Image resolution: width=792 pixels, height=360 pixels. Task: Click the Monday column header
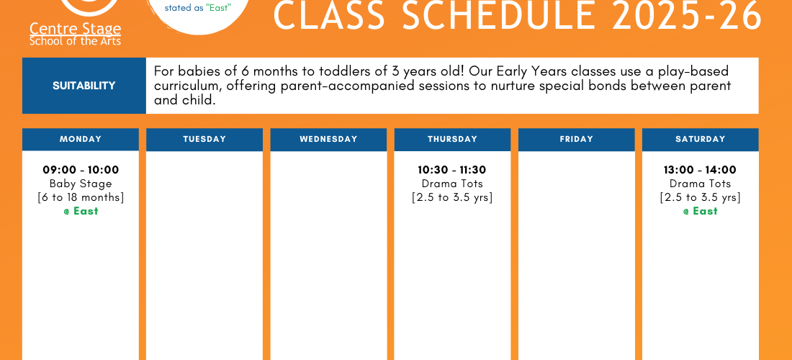pos(81,140)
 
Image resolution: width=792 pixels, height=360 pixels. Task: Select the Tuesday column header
pos(204,140)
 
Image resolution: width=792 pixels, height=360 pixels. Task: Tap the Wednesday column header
pos(328,140)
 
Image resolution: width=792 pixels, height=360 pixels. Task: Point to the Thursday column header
pos(452,140)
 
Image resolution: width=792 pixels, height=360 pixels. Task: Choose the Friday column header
pos(576,140)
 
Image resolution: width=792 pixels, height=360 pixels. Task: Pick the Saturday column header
pos(700,140)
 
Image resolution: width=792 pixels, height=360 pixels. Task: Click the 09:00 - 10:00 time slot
pos(81,170)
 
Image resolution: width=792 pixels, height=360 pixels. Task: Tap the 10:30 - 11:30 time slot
pos(452,170)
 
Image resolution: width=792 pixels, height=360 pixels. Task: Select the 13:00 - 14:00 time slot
pos(700,170)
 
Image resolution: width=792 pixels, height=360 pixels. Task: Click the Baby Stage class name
pos(81,184)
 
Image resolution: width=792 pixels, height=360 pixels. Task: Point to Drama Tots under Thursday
pos(452,184)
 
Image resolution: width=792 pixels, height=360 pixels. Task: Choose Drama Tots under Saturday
pos(700,184)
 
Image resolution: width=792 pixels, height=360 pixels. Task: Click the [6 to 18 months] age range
pos(81,197)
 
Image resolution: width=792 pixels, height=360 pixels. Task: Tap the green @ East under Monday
pos(81,211)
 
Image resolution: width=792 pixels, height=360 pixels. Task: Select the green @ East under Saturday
pos(700,211)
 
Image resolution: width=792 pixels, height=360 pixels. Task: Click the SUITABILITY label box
pos(84,86)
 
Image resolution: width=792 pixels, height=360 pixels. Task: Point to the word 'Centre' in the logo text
pos(50,29)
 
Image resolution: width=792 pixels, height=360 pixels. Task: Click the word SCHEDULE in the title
pos(498,16)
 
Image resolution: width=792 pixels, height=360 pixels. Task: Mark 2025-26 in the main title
pos(686,16)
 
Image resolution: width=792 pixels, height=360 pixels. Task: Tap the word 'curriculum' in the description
pos(186,86)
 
